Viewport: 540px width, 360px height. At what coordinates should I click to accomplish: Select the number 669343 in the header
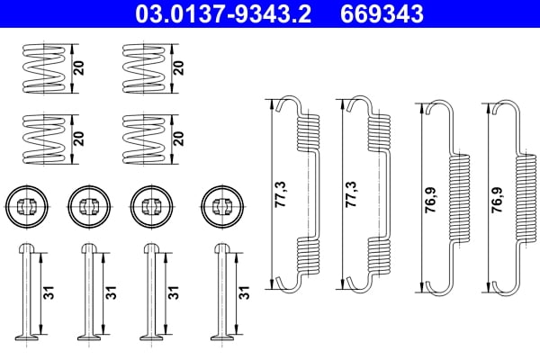coord(381,14)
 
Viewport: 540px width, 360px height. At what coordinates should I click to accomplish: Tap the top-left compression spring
coord(42,68)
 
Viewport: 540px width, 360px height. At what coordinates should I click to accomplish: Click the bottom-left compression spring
coord(42,138)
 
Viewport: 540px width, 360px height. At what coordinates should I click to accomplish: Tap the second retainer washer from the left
coord(87,205)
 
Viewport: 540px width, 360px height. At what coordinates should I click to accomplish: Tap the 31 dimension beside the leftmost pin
coord(45,292)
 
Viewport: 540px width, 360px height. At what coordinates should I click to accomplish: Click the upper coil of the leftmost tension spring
coord(309,131)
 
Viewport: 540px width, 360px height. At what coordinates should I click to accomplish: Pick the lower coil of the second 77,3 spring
coord(380,257)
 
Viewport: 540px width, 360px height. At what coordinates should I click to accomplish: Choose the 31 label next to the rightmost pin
coord(243,292)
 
